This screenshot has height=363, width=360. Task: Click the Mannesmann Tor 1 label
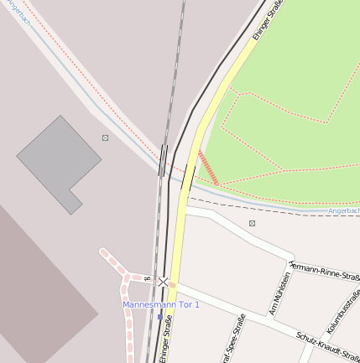click(161, 304)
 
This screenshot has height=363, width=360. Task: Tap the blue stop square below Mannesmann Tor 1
click(160, 317)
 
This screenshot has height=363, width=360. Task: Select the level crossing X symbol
click(164, 283)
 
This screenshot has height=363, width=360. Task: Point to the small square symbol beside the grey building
click(105, 137)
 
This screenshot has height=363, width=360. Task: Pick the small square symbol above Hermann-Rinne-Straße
click(252, 223)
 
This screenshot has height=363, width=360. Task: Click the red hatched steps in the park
click(208, 168)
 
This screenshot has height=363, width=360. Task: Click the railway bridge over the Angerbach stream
click(163, 160)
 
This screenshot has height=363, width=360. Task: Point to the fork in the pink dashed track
click(127, 277)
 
